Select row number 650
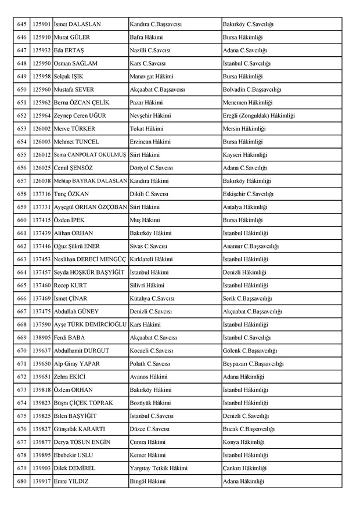tap(22, 89)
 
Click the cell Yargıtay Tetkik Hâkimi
tap(159, 468)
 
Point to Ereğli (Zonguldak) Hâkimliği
tap(258, 115)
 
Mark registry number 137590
tap(41, 324)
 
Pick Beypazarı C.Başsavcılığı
tap(253, 363)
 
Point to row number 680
tap(22, 481)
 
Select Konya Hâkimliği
tap(243, 442)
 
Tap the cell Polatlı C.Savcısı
tap(150, 363)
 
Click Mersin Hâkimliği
tap(244, 129)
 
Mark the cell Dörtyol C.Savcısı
tap(151, 168)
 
